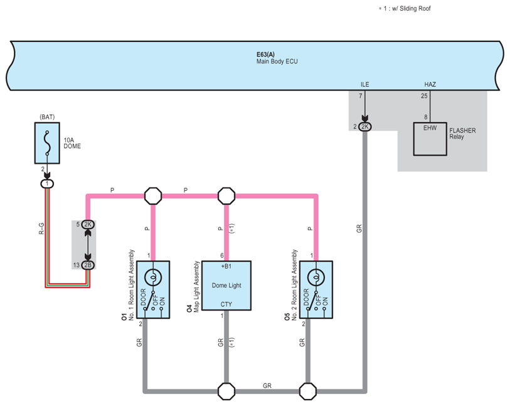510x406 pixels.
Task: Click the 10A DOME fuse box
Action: click(48, 140)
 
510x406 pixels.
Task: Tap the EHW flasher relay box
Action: click(429, 138)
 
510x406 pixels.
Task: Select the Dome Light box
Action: click(226, 286)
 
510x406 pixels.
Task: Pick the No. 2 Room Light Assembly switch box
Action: click(317, 286)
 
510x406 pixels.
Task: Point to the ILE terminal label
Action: click(365, 84)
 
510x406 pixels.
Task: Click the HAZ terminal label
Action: click(430, 84)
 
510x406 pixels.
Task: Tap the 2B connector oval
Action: click(88, 265)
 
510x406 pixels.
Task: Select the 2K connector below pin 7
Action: click(365, 127)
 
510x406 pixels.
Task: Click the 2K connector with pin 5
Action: click(88, 224)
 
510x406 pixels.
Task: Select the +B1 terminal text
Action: click(226, 267)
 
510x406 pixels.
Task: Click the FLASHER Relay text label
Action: click(462, 134)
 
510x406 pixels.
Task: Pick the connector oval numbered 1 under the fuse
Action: click(48, 183)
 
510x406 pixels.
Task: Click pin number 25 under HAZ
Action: click(424, 95)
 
